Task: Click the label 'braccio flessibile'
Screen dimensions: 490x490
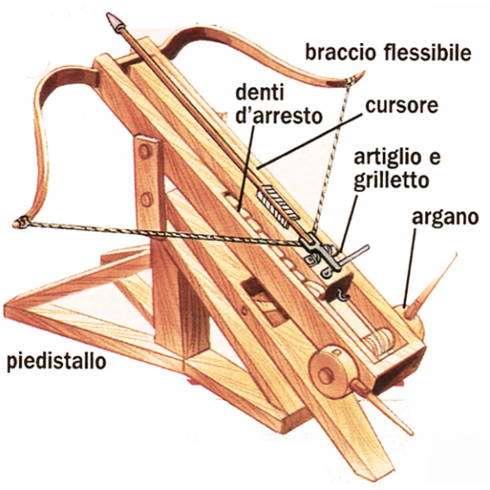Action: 388,54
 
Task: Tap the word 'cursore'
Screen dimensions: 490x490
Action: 402,105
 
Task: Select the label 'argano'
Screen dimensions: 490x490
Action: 445,218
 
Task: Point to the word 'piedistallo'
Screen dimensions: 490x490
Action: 56,362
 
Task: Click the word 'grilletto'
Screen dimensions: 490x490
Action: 391,181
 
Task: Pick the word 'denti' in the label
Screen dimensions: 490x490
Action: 259,92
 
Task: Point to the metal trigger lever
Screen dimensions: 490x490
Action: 355,253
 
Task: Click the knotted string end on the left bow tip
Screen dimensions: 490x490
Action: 21,223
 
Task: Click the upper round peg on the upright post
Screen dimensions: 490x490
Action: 144,152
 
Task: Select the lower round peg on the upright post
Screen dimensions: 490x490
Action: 147,200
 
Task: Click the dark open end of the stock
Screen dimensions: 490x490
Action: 398,372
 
